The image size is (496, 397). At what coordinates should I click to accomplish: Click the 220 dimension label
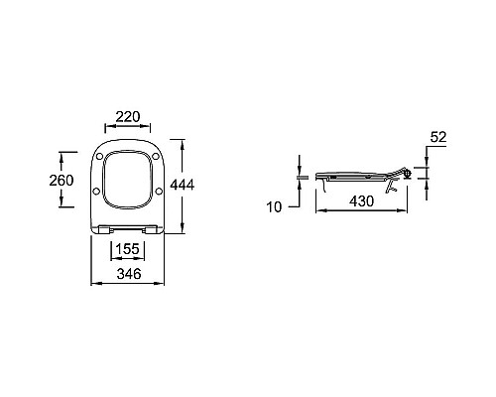[x=128, y=116]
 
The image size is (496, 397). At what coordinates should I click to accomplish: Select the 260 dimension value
[x=62, y=181]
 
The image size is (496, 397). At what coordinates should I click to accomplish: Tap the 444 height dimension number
[x=183, y=185]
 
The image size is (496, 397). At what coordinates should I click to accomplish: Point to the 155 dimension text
[x=128, y=249]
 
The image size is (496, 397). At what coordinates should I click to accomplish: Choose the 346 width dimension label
[x=129, y=274]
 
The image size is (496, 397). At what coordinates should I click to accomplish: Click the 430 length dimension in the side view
[x=362, y=201]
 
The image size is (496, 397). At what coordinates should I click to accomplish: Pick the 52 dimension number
[x=438, y=137]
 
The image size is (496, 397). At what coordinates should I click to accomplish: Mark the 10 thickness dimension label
[x=274, y=207]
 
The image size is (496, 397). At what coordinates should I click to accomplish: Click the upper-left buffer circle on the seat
[x=99, y=157]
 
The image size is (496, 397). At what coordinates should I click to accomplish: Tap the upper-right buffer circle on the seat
[x=156, y=157]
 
